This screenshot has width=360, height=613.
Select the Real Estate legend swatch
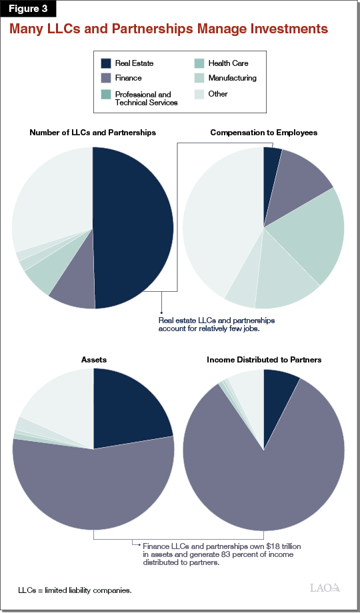106,64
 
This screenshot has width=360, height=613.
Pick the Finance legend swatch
106,79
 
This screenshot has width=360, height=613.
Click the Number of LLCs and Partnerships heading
93,133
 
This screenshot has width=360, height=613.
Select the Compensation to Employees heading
263,133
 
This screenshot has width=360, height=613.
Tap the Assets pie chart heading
93,360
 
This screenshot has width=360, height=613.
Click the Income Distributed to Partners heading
264,360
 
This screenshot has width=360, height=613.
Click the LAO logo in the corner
325,588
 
